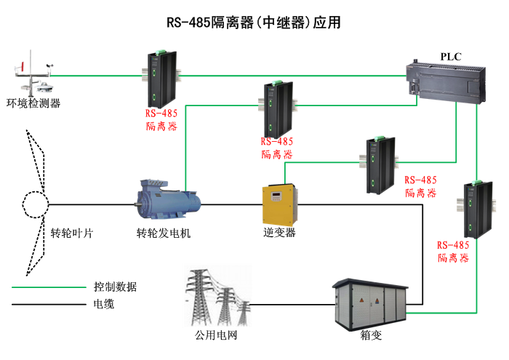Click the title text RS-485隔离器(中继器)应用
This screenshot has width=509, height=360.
pos(254,23)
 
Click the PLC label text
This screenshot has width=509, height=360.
pos(451,57)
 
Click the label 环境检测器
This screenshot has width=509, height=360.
pos(33,103)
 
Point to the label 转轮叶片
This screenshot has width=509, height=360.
pos(71,233)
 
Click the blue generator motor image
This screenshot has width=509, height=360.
pos(168,200)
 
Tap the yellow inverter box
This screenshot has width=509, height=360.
pos(280,205)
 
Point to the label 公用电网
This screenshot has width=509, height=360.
pos(216,336)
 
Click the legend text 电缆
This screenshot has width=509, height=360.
pos(104,304)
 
